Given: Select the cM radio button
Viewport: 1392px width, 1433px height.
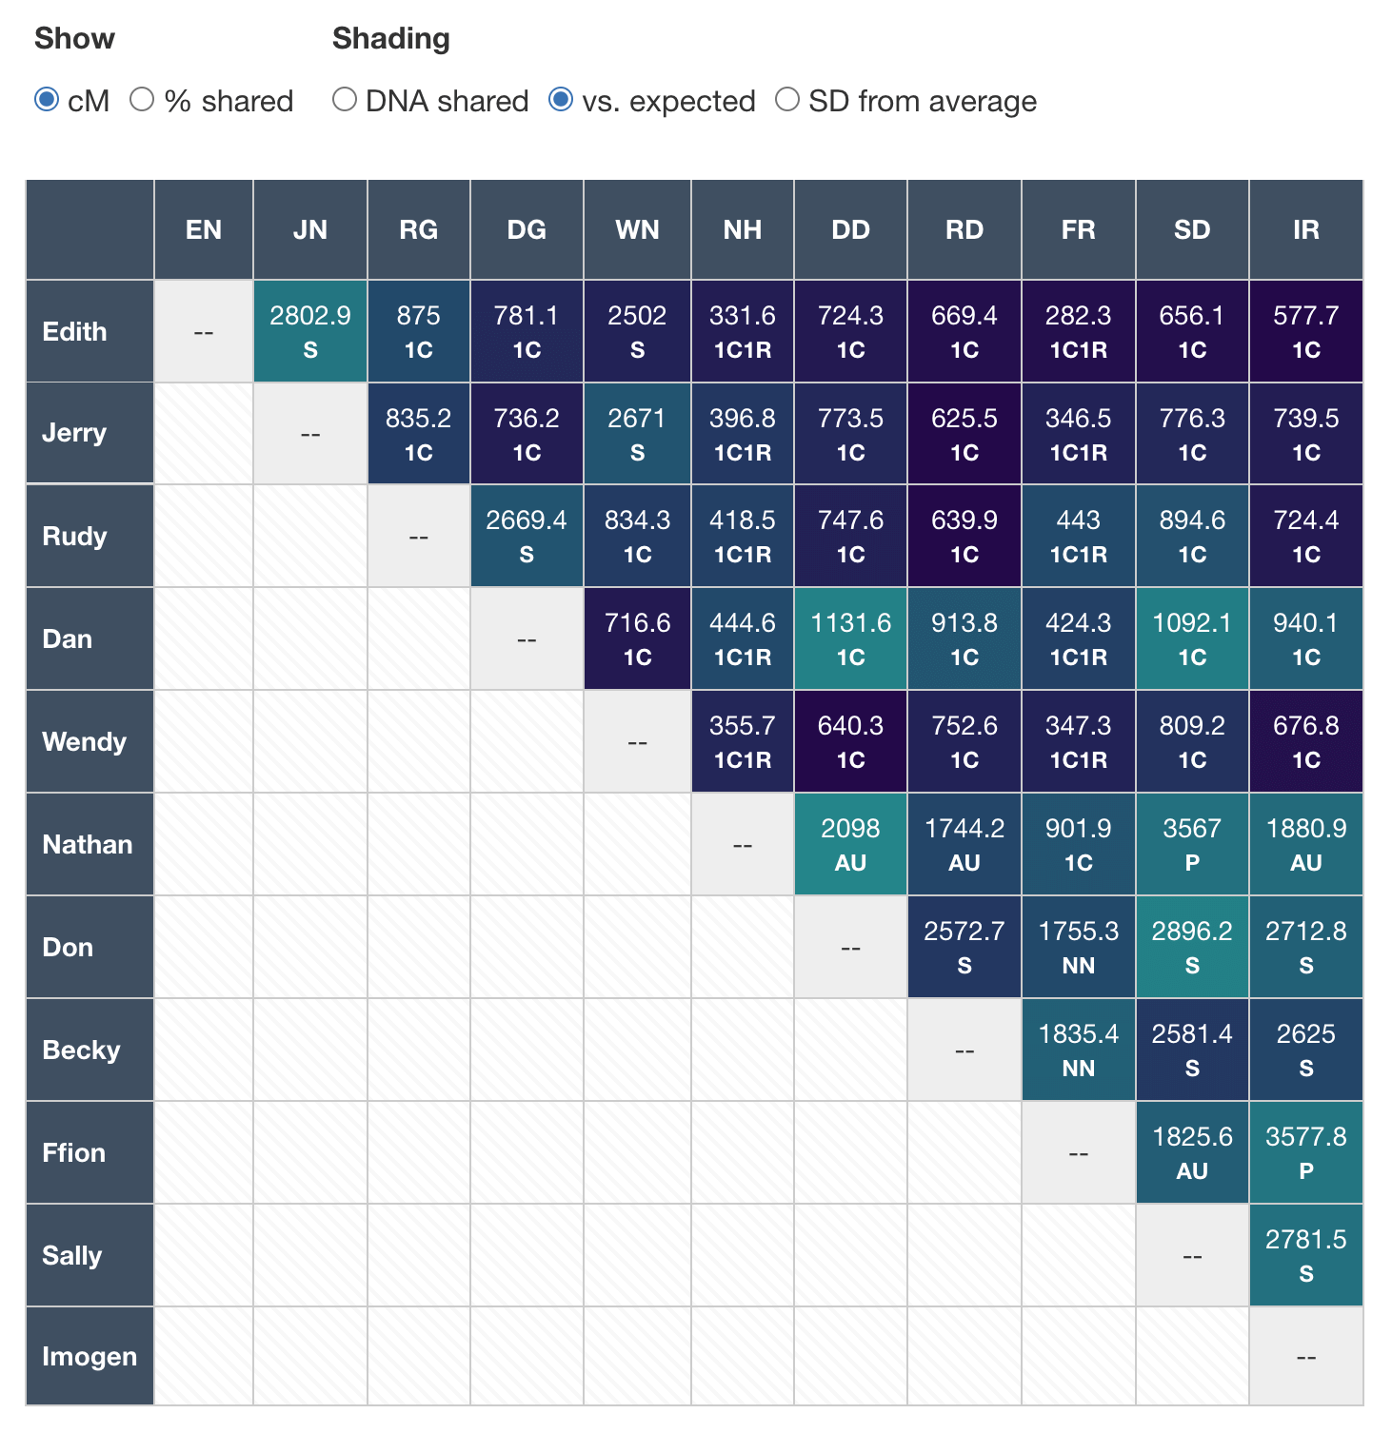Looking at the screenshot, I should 47,99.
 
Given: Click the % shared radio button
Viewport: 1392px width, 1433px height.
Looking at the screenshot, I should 142,99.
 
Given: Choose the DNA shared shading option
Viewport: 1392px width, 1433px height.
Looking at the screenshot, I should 345,99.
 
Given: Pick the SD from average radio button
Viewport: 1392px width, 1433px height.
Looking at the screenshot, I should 787,99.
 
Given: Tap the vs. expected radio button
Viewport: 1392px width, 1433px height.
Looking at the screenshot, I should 561,99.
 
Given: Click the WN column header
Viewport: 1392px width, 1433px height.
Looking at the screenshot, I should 637,229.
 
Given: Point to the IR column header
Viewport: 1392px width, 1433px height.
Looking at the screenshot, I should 1305,229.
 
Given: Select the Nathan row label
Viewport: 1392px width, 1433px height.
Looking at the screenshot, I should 88,844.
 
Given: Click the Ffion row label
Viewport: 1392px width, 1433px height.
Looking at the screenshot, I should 74,1152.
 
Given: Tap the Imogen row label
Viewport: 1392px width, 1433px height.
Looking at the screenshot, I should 89,1356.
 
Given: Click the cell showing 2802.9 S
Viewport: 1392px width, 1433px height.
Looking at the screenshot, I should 310,331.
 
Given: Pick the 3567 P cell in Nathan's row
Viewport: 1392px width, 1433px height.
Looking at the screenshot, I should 1192,844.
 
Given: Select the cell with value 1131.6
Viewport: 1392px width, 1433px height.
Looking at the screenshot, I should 850,638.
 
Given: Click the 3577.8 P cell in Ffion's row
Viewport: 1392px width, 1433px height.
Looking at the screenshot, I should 1305,1152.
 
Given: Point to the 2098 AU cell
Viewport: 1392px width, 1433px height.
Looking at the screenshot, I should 850,844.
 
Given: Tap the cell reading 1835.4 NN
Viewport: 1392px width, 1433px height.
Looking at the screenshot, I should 1078,1050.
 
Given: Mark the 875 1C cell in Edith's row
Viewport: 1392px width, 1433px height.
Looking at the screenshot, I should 419,331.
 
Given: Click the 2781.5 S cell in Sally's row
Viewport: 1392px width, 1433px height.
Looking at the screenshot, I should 1305,1255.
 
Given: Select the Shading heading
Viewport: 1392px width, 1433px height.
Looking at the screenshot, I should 391,38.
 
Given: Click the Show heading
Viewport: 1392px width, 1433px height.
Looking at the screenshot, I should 74,38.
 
